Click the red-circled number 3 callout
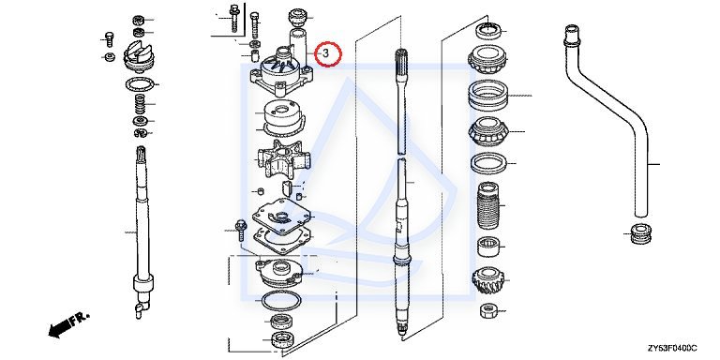click(328, 53)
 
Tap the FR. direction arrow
click(67, 324)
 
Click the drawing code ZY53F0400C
click(672, 348)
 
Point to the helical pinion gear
click(488, 281)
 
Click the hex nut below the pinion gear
click(488, 311)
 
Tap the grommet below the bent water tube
click(640, 234)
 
